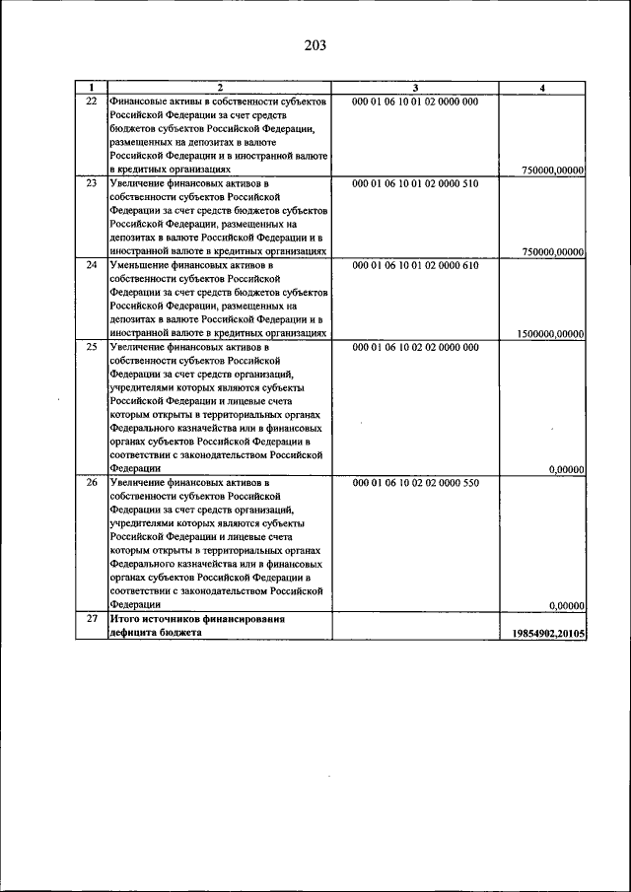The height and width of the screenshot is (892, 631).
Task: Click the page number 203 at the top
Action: (315, 46)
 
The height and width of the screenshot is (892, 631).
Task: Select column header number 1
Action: (91, 88)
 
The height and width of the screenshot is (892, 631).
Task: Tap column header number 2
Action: (219, 88)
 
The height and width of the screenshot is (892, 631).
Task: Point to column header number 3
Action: (415, 88)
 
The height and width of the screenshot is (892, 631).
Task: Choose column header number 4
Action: (543, 88)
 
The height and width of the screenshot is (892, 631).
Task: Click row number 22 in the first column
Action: (91, 102)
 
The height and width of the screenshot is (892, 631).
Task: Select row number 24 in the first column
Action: (91, 266)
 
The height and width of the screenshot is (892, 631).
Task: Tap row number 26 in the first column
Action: (91, 483)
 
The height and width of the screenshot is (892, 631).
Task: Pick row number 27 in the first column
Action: (91, 618)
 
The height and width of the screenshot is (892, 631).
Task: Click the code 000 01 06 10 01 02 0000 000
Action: (415, 102)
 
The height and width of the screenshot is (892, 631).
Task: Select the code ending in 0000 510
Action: (415, 183)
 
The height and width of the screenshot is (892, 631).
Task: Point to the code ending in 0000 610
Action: (415, 266)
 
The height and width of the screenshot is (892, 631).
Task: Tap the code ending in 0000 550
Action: (415, 483)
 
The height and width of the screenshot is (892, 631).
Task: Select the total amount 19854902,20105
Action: (548, 633)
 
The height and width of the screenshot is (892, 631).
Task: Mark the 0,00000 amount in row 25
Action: (566, 469)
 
